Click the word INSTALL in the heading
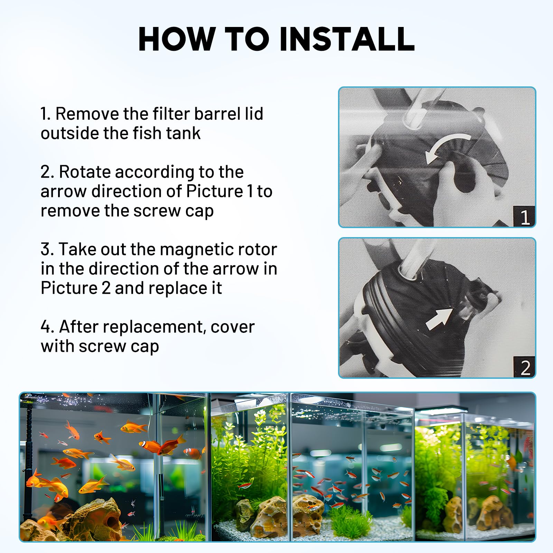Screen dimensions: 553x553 pos(347,39)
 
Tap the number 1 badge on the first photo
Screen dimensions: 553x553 pos(524,217)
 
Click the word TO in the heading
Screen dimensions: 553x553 pos(246,39)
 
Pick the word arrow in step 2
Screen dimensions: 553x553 pos(63,191)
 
